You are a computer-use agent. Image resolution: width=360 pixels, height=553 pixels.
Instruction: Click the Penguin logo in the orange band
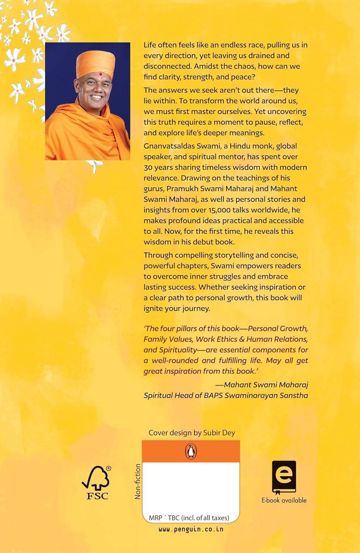[x=191, y=451]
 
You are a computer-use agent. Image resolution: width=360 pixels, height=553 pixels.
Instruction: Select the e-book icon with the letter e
[x=284, y=477]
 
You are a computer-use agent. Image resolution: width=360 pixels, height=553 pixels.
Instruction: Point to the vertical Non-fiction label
[x=138, y=481]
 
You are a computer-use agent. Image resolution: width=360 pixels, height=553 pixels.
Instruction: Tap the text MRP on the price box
[x=155, y=518]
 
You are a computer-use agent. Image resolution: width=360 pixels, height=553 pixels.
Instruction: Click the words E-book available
[x=284, y=500]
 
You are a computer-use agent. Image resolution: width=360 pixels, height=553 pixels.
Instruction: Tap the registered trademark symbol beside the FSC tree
[x=108, y=469]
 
